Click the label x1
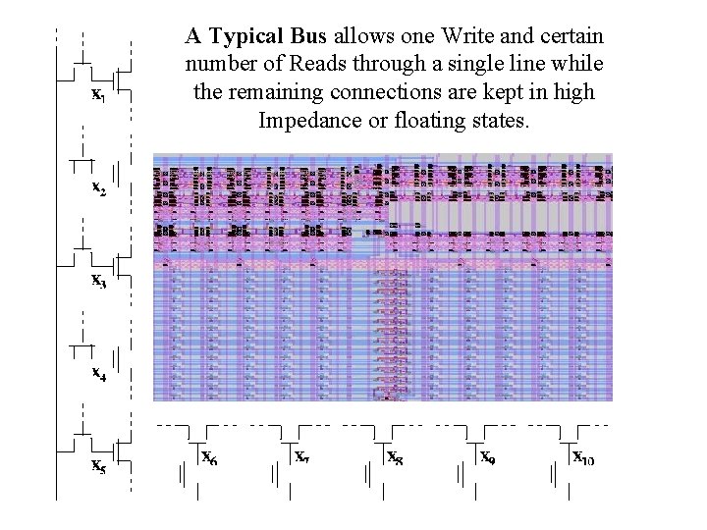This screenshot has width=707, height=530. (x=99, y=95)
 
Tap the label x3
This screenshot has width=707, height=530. (x=99, y=280)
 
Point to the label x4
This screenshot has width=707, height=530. (x=99, y=373)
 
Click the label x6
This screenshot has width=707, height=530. (x=209, y=456)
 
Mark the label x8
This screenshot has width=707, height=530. (x=395, y=456)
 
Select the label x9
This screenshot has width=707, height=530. (x=487, y=456)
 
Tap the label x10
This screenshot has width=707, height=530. (x=583, y=456)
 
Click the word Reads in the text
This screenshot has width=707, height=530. (x=331, y=66)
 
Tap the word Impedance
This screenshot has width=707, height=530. (x=301, y=123)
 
